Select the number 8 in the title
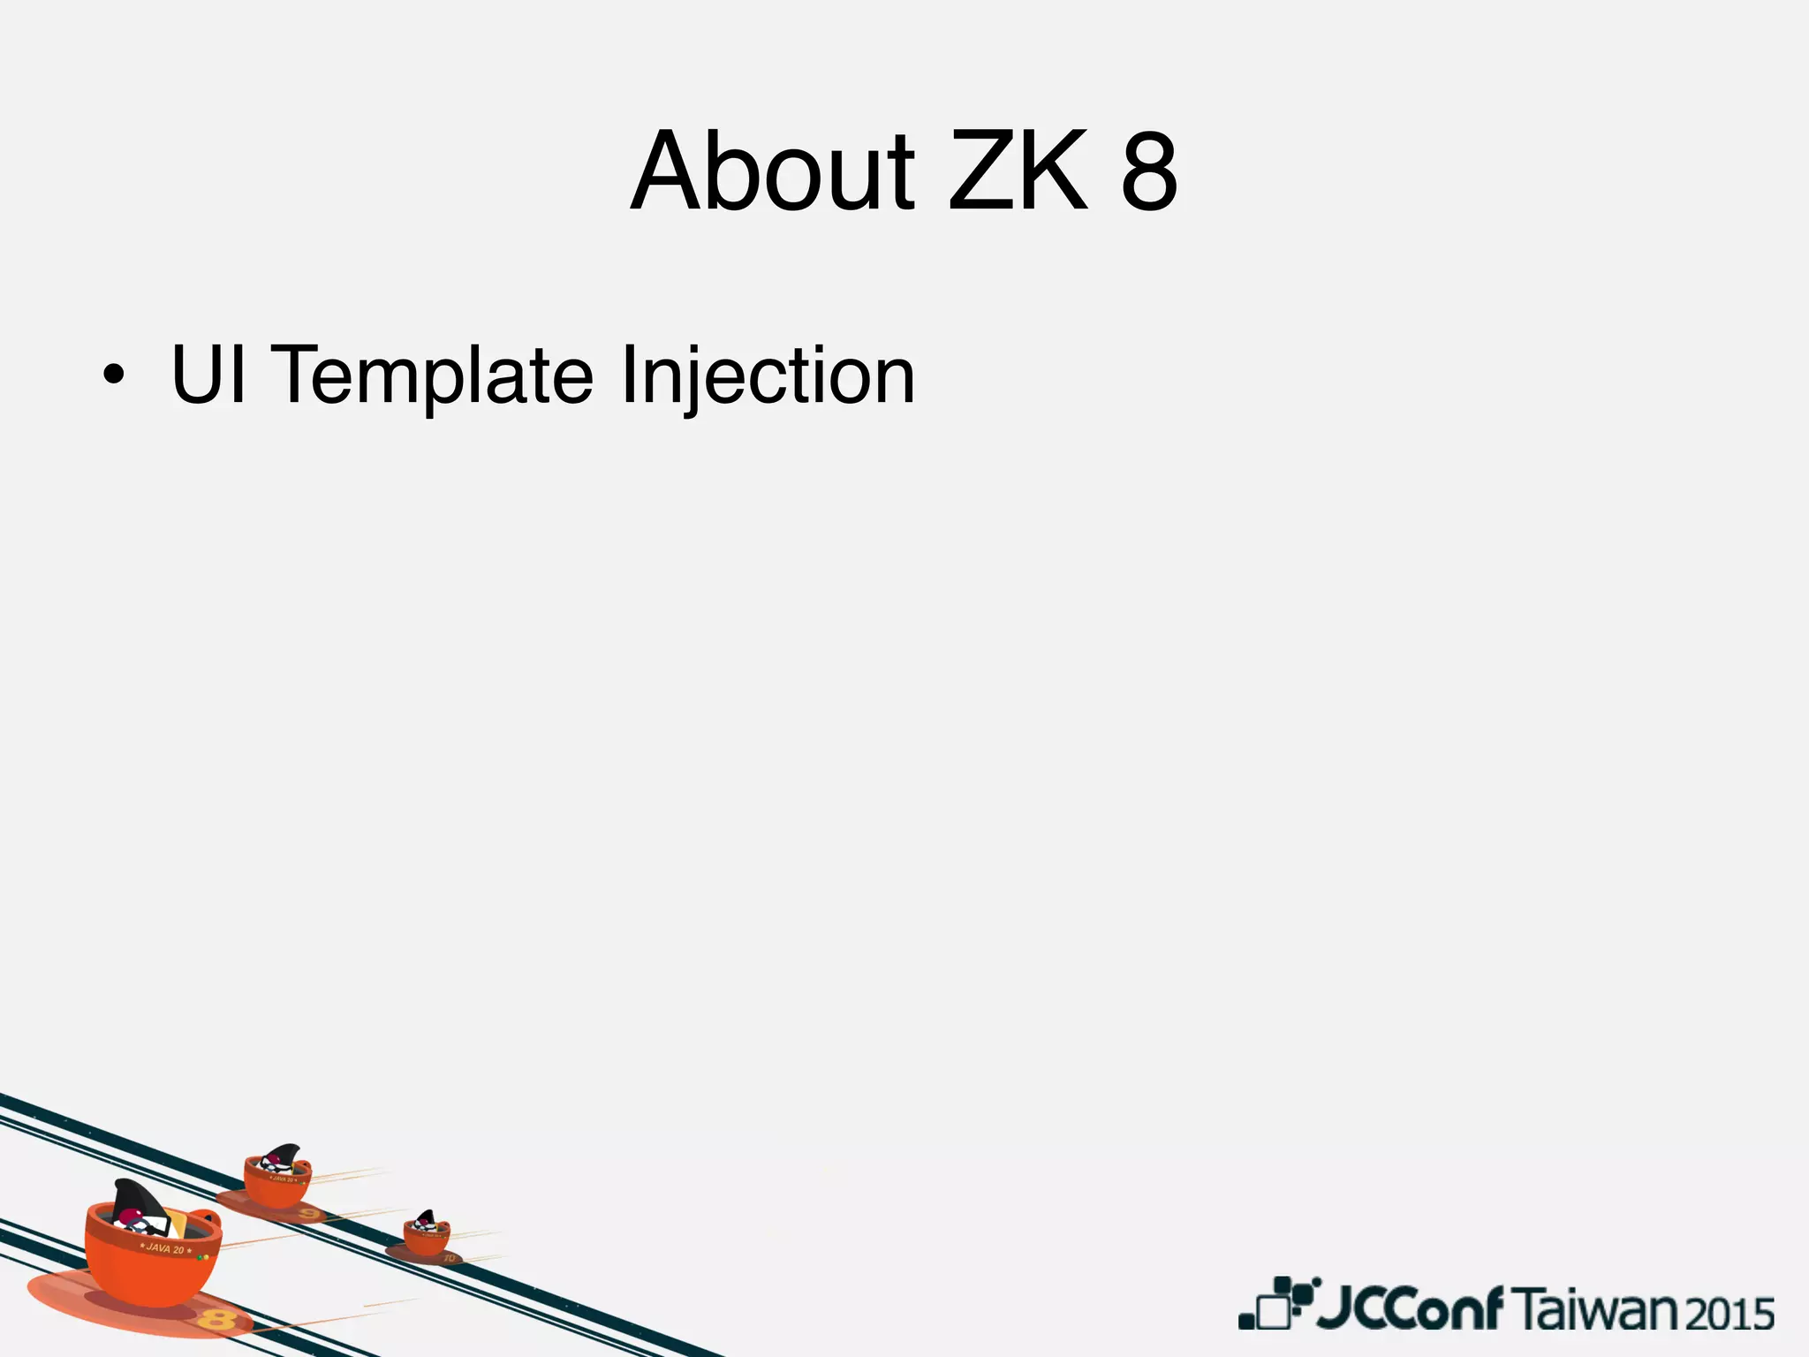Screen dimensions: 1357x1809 [1149, 173]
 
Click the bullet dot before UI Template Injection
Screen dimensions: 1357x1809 [112, 376]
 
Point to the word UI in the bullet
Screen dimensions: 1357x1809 [208, 375]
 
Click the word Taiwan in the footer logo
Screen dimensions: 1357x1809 [1600, 1309]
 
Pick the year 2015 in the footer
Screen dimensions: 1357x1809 [1730, 1314]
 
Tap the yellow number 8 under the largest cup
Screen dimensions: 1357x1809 [216, 1320]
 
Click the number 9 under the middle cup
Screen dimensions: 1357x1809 [308, 1214]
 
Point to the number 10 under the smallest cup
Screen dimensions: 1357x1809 [449, 1256]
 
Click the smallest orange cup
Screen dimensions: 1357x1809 [427, 1237]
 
